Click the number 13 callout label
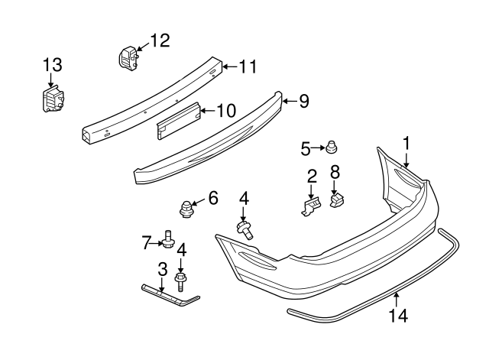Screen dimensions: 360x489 [51, 64]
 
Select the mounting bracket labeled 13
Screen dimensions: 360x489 [51, 100]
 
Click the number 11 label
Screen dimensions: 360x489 [248, 66]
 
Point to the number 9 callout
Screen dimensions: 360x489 [303, 100]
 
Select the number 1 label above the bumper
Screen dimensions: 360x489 [407, 142]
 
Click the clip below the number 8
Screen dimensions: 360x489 [336, 200]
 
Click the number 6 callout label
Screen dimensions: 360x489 [212, 199]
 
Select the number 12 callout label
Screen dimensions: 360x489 [161, 40]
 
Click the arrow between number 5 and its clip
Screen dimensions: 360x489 [317, 146]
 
